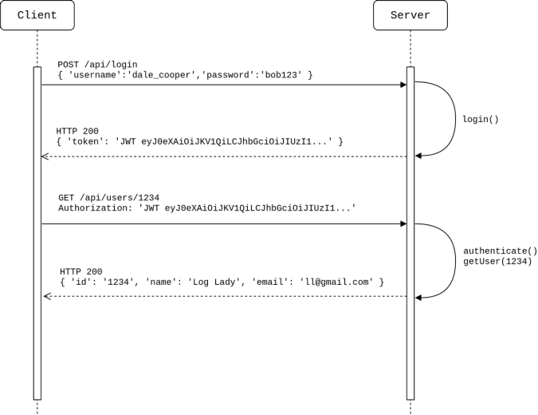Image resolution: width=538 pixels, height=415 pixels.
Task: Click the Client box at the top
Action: [x=37, y=15]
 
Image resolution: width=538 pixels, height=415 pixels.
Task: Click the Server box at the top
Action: [x=410, y=15]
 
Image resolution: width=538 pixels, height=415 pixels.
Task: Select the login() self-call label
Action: [x=480, y=120]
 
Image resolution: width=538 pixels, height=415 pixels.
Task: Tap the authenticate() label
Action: [x=500, y=251]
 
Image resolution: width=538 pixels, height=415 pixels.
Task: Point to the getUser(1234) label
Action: [x=497, y=261]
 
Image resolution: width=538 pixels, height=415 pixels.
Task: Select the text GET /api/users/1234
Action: [x=108, y=197]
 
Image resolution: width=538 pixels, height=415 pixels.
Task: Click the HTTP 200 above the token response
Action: [x=78, y=131]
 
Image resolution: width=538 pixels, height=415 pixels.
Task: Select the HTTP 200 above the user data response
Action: [x=81, y=271]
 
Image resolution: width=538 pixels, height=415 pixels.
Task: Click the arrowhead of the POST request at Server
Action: [x=403, y=85]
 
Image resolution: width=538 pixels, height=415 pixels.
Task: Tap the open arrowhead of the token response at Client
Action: [x=45, y=156]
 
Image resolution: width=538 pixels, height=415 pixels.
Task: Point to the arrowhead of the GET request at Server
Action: [x=403, y=224]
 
